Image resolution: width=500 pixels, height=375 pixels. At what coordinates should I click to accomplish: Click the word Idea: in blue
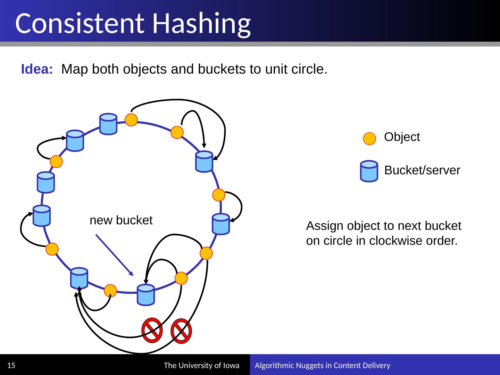pos(37,69)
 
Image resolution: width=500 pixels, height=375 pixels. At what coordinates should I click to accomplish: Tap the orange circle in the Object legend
pos(369,139)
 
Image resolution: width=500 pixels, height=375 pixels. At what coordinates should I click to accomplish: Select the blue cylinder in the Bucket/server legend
pos(369,171)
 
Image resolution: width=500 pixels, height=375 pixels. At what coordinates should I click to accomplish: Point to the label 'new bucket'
pos(121,220)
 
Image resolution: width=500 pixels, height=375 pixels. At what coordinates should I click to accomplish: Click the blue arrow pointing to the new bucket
pos(114,255)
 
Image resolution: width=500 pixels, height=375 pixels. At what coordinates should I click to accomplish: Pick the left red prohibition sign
pos(152,328)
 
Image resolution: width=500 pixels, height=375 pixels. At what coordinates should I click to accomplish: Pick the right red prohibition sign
pos(181,330)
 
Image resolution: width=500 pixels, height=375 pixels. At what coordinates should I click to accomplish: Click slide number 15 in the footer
pos(11,365)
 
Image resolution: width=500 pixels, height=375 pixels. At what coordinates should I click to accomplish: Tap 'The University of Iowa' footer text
pos(201,365)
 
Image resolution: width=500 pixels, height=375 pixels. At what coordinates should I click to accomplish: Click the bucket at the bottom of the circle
pos(145,295)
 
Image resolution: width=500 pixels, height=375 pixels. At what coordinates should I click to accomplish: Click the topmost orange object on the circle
pos(131,120)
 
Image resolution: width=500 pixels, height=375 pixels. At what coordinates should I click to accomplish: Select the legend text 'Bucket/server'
pos(422,170)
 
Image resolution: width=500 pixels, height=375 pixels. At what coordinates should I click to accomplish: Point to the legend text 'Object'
pos(402,137)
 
